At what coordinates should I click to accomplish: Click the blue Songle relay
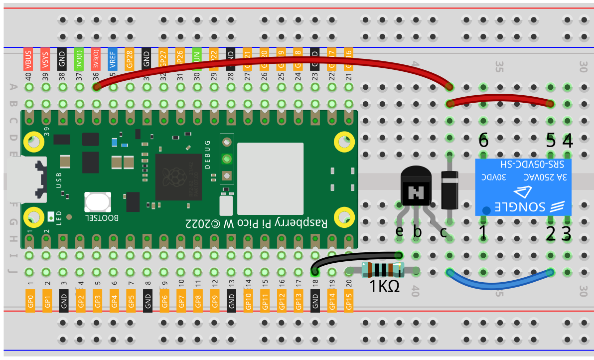[523, 187]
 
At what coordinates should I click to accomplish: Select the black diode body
[449, 189]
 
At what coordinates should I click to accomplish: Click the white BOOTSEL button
[97, 201]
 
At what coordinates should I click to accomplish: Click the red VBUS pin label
[28, 59]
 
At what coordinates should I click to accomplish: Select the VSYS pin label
[45, 59]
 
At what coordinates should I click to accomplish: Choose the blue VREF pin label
[113, 59]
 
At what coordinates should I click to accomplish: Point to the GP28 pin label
[130, 59]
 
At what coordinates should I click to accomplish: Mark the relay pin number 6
[483, 141]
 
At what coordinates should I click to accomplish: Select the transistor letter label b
[418, 231]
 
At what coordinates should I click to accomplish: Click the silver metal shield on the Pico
[270, 178]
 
